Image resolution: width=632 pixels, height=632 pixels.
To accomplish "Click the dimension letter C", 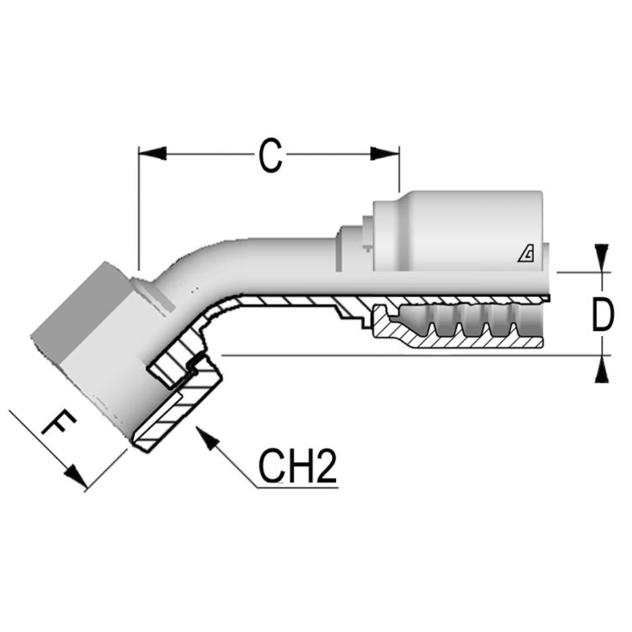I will (x=270, y=156).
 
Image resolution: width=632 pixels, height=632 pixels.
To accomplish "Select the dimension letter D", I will (x=602, y=314).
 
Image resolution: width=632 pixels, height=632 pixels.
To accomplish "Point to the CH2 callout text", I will (x=298, y=466).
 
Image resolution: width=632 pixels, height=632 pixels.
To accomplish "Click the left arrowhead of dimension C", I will (x=152, y=154).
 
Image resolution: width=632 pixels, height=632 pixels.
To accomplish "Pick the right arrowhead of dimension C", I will (x=385, y=154).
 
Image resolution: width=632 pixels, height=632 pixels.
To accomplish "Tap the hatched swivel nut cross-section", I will (x=176, y=410).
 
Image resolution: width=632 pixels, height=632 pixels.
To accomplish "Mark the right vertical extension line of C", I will (x=399, y=173).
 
